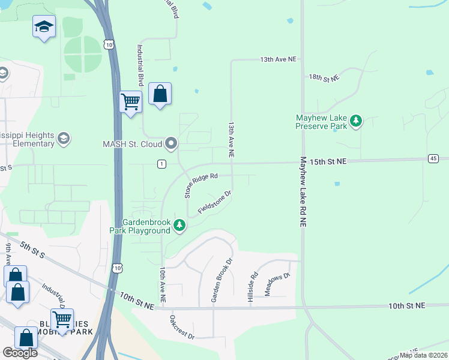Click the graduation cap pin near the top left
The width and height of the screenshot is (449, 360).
[44, 26]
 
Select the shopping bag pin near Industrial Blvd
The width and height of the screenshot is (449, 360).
[160, 94]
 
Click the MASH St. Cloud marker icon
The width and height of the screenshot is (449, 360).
[172, 143]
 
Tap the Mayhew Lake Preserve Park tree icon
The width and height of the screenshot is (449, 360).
[357, 122]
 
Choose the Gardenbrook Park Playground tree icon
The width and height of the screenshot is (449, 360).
[179, 226]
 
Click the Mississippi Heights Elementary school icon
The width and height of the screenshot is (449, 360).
[63, 139]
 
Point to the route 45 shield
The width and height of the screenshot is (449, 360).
[433, 158]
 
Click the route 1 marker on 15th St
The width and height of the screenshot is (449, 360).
[161, 164]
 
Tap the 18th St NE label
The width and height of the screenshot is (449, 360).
[324, 78]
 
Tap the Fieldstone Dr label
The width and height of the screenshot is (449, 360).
[215, 203]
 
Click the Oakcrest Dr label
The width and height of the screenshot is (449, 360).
[182, 327]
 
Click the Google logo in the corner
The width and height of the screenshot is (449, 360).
[20, 353]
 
